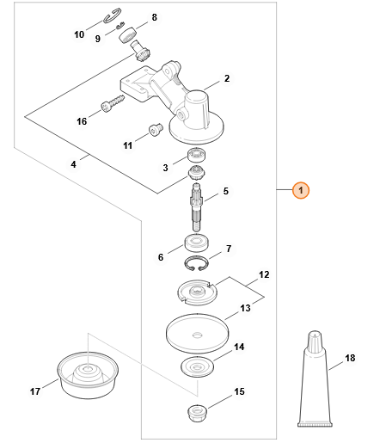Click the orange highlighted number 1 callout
301,190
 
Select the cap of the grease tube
315,341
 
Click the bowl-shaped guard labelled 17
88,377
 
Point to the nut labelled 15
197,413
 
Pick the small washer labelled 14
197,367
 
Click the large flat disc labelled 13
197,334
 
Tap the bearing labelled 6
196,243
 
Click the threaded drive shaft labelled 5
197,207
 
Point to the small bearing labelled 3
196,156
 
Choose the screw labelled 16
113,103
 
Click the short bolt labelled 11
156,130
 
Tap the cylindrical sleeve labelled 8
127,35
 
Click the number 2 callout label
227,78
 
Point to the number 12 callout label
264,274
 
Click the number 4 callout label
73,164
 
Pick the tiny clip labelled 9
119,26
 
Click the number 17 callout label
35,391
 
